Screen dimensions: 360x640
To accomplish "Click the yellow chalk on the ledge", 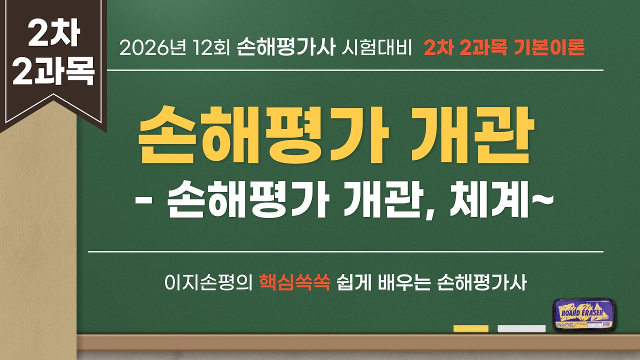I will [x=470, y=328].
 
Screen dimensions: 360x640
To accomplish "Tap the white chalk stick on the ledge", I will [x=521, y=328].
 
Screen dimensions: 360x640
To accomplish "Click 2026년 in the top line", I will [x=144, y=48].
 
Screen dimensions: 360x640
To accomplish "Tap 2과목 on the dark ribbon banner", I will [x=53, y=71].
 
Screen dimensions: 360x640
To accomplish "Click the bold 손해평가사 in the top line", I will [x=285, y=48].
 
